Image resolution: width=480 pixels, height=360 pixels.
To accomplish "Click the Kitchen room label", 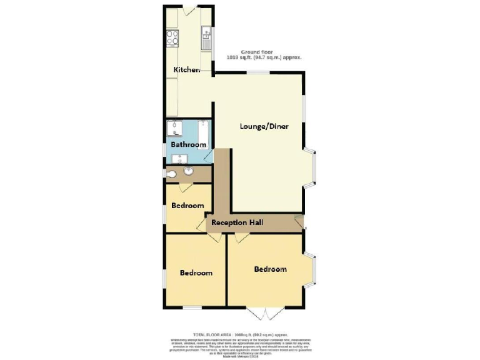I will (x=187, y=69).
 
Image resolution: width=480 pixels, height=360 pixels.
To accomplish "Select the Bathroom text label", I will (x=189, y=145).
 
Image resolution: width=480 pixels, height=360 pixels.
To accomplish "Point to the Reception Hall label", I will (x=237, y=222).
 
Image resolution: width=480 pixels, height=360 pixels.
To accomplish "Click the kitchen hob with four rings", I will (x=172, y=37).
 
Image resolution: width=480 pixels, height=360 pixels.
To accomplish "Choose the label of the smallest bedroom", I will (x=187, y=206).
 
